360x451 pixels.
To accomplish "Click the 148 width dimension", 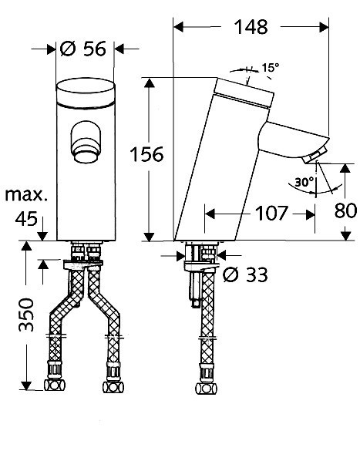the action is tap(251, 27).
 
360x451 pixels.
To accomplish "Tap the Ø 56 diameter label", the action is tap(83, 49).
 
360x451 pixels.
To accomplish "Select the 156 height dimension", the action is tap(146, 154).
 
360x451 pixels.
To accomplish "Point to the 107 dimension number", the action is tap(271, 214).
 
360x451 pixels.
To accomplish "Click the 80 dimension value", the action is tap(345, 210).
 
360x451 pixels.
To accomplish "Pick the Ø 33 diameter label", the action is tap(245, 274).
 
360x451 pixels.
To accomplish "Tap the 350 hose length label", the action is tap(26, 315).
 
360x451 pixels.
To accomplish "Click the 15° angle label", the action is tap(270, 68).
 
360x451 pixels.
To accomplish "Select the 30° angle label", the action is tap(304, 182).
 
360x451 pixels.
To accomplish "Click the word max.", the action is tap(26, 195).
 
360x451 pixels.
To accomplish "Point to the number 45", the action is tap(26, 219).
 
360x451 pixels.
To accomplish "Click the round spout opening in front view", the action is tap(86, 143).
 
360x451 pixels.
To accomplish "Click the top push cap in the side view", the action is tap(244, 91).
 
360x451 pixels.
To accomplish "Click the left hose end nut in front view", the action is tap(55, 385).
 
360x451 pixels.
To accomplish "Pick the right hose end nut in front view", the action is tap(113, 387).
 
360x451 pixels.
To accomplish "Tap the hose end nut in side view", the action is tap(206, 389).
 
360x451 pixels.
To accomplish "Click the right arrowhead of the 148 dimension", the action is tap(324, 27).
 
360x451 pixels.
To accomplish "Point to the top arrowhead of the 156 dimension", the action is tap(149, 82).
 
